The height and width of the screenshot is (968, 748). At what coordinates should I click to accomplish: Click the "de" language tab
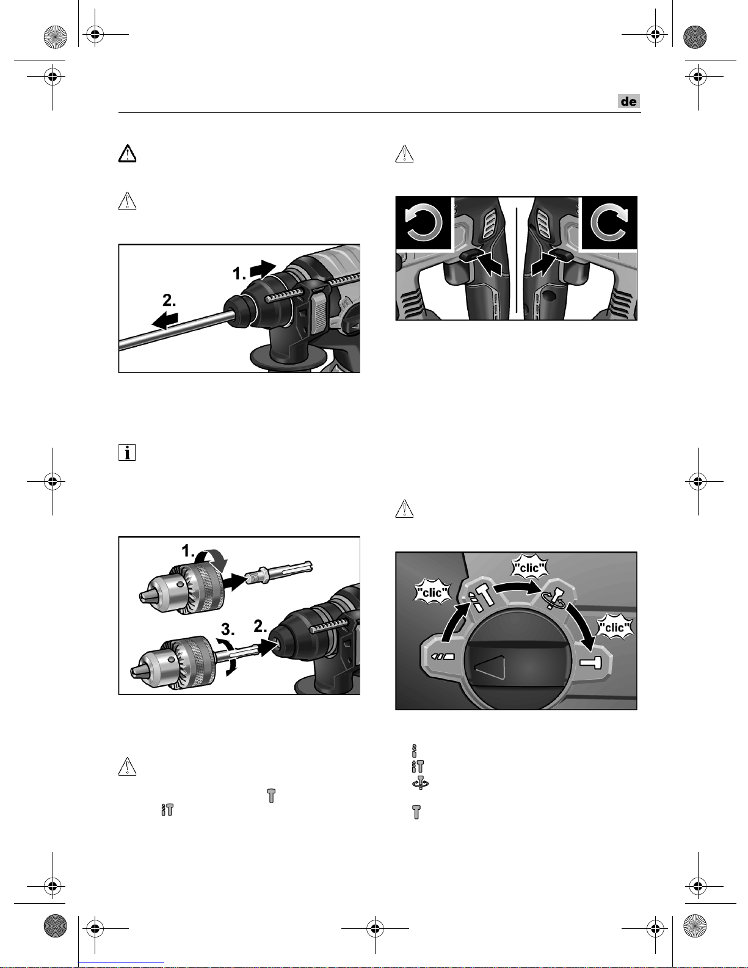click(629, 101)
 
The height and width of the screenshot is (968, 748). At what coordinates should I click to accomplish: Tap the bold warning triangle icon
click(128, 153)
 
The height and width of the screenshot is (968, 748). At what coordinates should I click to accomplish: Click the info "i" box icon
click(127, 452)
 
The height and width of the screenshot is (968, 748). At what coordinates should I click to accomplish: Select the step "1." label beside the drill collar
click(239, 273)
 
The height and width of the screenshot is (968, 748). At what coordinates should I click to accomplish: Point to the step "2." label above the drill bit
click(169, 300)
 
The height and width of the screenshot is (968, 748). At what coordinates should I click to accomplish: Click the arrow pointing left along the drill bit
click(165, 321)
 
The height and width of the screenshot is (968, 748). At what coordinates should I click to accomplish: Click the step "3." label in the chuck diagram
click(228, 630)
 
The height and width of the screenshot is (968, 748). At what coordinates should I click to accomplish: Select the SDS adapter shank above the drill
click(279, 571)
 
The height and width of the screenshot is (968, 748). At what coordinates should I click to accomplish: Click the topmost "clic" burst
click(529, 567)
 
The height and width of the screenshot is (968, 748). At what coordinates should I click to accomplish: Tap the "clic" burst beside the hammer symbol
click(614, 627)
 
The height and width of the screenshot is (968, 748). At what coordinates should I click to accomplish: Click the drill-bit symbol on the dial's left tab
click(443, 656)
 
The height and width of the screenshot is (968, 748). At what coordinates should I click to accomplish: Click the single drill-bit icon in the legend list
click(415, 750)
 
